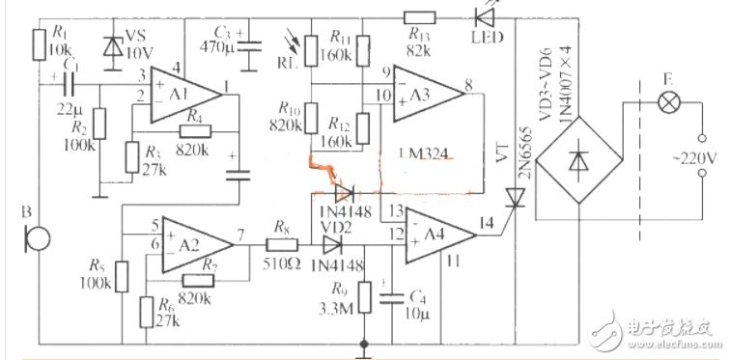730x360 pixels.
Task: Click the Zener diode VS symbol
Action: pyautogui.click(x=112, y=46)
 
